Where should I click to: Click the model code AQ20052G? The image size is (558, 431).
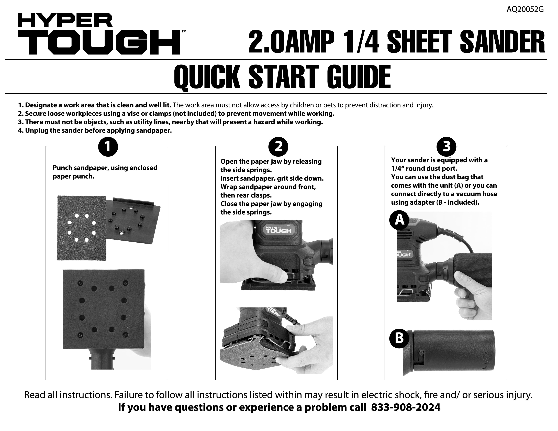(x=525, y=9)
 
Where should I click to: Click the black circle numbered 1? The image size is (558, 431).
(x=108, y=147)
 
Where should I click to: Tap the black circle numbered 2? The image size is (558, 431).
(x=278, y=147)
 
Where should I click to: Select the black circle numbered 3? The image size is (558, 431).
(x=446, y=147)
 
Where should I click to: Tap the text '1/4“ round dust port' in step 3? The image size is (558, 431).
(x=424, y=169)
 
